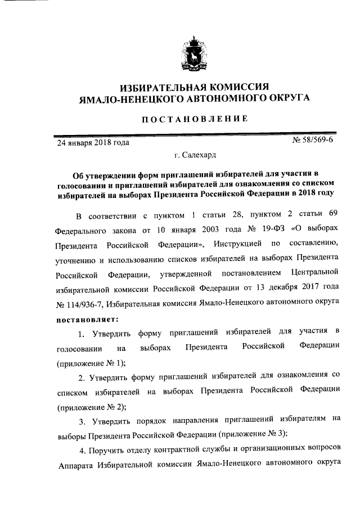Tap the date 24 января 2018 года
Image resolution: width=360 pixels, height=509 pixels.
coord(93,142)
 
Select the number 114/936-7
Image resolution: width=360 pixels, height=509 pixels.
coord(76,304)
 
